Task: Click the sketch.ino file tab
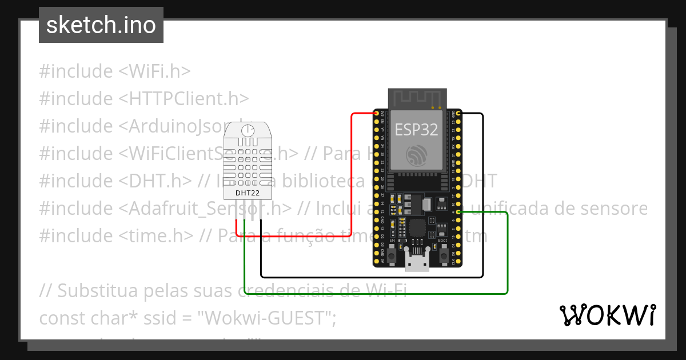[x=101, y=25]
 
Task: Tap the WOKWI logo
[x=607, y=315]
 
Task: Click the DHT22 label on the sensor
[x=247, y=193]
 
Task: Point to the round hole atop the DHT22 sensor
[x=248, y=131]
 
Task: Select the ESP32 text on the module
[x=416, y=130]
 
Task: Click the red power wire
[x=351, y=171]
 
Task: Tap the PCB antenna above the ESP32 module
[x=416, y=98]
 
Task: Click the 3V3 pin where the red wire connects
[x=378, y=114]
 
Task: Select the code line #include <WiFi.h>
[x=114, y=71]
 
